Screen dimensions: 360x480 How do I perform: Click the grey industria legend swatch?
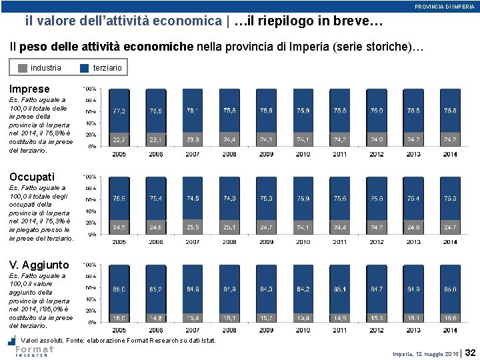tap(23, 68)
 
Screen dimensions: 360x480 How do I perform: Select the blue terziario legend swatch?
tap(84, 68)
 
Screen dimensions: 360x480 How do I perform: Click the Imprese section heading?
tap(29, 89)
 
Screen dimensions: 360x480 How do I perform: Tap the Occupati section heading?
tap(32, 177)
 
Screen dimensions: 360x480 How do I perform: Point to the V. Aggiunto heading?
tap(39, 265)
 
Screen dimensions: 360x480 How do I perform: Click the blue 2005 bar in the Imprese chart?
tap(119, 111)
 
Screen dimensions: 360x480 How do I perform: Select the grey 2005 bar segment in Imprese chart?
tap(119, 140)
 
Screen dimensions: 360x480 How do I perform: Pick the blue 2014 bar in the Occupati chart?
tap(450, 199)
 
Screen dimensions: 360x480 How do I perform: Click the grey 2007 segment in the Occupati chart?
tap(193, 227)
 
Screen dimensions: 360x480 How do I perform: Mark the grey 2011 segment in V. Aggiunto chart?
tap(340, 318)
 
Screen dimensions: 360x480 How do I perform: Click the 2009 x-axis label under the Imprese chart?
tap(266, 154)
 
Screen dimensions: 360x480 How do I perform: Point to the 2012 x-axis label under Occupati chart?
tap(377, 242)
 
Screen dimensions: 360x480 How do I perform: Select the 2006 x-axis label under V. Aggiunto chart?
tap(156, 330)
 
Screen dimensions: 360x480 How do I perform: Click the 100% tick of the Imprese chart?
tap(88, 89)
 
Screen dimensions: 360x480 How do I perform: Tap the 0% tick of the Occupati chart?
tap(91, 235)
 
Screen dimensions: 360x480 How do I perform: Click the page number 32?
tap(470, 352)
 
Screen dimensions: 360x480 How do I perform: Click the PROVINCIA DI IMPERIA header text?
tap(445, 6)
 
